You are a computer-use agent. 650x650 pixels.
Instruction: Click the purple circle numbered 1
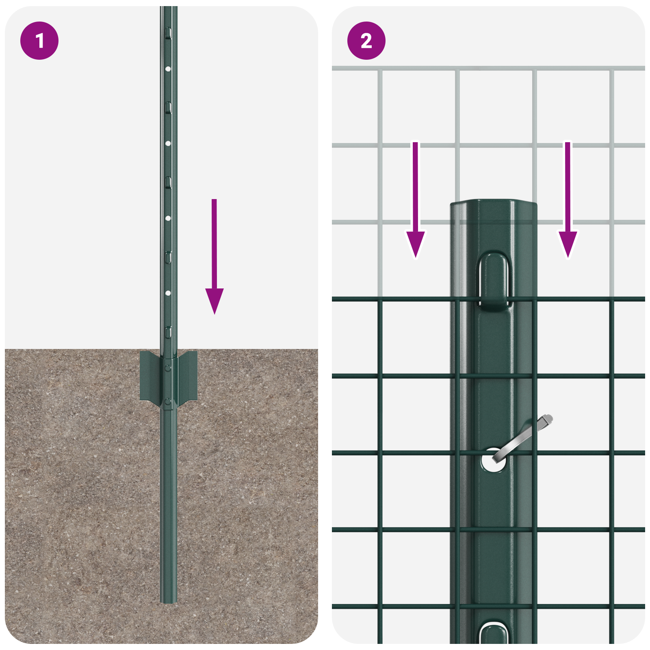point(39,41)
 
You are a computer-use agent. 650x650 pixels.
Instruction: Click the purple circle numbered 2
point(366,41)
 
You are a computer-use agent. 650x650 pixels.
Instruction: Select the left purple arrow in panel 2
point(415,203)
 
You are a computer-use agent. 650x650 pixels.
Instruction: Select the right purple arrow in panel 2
point(568,203)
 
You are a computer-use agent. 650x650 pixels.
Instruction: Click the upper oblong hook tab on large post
point(494,280)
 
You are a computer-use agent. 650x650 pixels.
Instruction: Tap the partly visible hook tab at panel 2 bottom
point(493,634)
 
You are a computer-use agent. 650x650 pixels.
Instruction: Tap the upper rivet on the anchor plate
point(168,368)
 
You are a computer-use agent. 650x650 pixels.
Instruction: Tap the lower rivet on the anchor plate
point(168,402)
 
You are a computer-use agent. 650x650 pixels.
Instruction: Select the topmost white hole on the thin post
point(168,69)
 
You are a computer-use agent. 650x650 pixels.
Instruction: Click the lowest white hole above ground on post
point(168,293)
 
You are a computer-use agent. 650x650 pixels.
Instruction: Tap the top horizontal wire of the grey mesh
point(487,68)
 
